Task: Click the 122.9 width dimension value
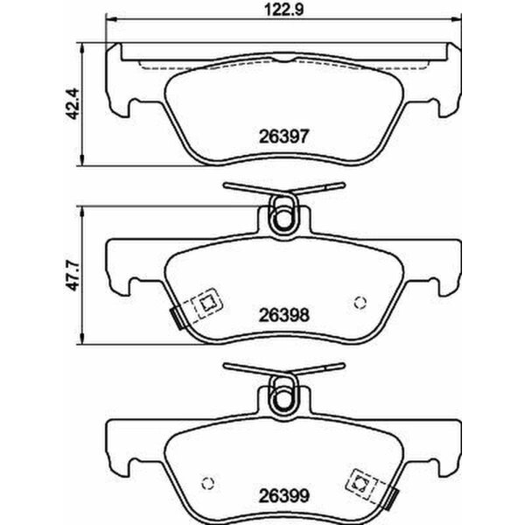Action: tap(279, 10)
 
